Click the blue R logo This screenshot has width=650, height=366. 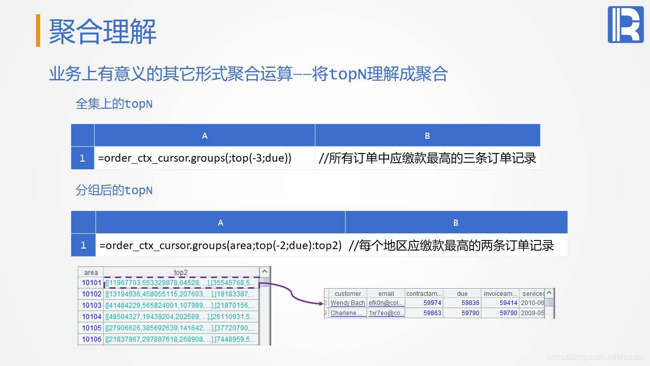tap(625, 24)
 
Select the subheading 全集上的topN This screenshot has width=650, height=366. tap(114, 104)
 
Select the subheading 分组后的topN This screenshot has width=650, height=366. tap(114, 191)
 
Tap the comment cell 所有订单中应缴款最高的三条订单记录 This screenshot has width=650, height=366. tap(427, 158)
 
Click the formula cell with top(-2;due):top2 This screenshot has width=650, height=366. tap(220, 246)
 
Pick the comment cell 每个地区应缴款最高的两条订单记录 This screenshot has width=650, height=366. tap(451, 246)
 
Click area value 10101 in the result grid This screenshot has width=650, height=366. tap(91, 283)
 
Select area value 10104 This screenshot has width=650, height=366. tap(91, 317)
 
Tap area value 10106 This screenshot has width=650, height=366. tap(91, 339)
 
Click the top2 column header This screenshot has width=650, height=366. tap(181, 272)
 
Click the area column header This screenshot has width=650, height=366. tap(91, 272)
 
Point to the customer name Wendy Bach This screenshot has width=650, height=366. tap(347, 303)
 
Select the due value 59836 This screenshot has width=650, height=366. tap(470, 303)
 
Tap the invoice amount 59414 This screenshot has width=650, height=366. tap(508, 303)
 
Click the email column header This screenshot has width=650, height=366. tap(386, 293)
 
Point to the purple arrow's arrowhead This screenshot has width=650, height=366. tap(322, 303)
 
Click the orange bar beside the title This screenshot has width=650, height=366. tap(38, 30)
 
